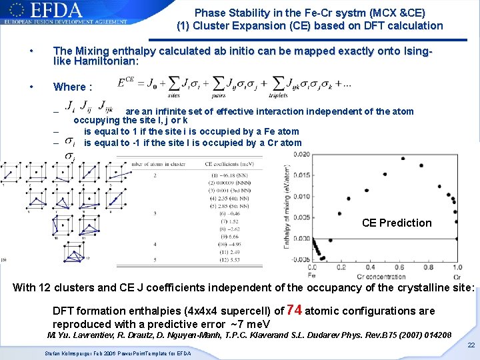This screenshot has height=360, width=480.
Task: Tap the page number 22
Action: pyautogui.click(x=470, y=345)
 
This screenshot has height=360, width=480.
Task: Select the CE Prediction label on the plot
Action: pyautogui.click(x=397, y=223)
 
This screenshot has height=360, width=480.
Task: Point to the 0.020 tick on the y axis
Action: pyautogui.click(x=301, y=155)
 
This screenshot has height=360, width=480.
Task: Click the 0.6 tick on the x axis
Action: pyautogui.click(x=399, y=267)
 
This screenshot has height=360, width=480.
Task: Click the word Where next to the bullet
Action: pyautogui.click(x=69, y=87)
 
